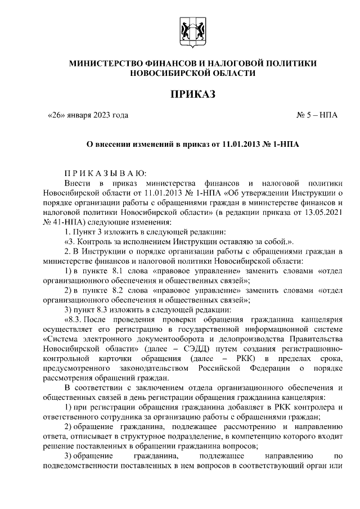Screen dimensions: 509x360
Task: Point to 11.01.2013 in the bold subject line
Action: pos(242,145)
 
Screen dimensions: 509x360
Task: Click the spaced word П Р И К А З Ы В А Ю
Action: pos(105,173)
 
